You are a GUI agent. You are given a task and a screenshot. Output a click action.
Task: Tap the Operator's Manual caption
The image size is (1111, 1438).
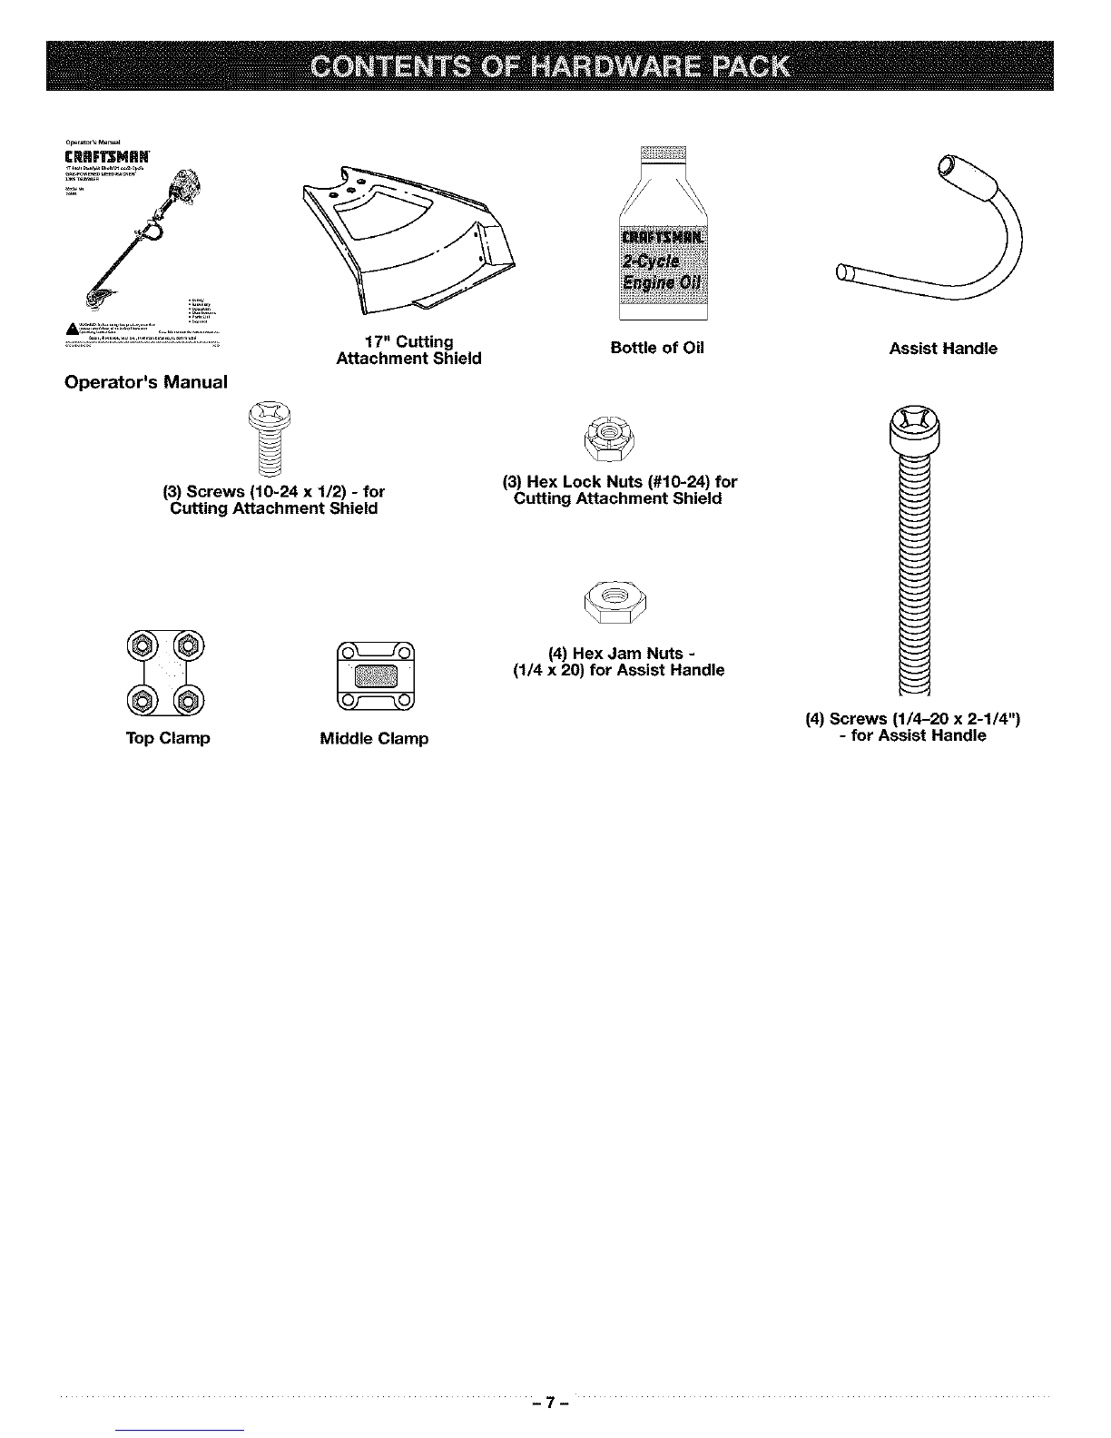[x=145, y=382]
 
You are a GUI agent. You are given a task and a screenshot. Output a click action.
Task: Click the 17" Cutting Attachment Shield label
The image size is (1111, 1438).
[x=408, y=350]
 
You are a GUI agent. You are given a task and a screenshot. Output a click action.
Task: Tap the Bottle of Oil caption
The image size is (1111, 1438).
[x=657, y=349]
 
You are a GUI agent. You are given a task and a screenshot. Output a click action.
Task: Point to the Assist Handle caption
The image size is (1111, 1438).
[x=943, y=349]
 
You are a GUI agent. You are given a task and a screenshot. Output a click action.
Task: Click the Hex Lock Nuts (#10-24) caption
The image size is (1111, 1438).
[x=619, y=490]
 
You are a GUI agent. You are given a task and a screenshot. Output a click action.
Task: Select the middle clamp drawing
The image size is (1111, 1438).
[x=375, y=675]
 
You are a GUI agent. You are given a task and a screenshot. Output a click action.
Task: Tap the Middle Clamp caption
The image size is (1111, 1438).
[x=374, y=739]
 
